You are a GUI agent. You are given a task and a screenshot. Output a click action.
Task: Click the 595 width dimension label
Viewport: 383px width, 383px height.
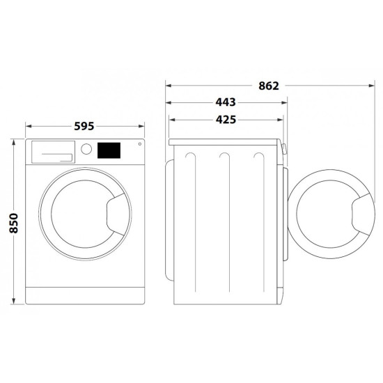click(x=84, y=126)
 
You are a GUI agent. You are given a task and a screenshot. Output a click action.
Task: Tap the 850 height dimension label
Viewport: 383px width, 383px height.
click(x=14, y=223)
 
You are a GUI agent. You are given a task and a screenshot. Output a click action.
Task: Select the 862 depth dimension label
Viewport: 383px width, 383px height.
click(x=269, y=86)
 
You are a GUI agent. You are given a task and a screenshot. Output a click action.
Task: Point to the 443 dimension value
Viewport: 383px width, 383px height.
click(x=226, y=102)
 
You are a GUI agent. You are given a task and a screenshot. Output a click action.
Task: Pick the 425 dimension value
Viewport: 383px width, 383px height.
click(x=226, y=120)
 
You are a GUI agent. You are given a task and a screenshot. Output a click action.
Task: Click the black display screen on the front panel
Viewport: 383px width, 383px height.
click(x=109, y=150)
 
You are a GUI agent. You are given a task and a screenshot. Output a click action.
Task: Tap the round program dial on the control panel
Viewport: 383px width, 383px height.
click(x=86, y=149)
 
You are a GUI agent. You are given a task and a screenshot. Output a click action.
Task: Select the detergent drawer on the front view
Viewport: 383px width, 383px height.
click(x=53, y=152)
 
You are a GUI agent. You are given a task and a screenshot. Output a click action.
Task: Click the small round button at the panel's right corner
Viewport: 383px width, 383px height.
click(x=140, y=144)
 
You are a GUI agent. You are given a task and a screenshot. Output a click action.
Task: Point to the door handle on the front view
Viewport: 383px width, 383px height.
click(x=117, y=214)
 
